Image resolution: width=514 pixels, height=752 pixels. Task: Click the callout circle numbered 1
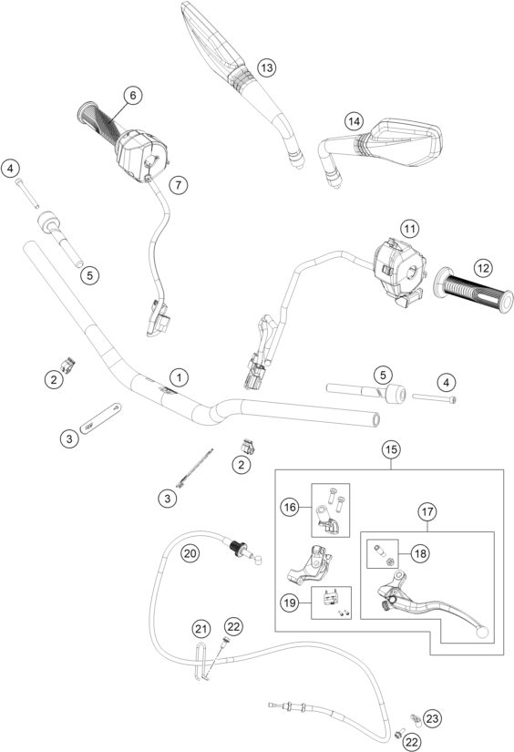click(180, 376)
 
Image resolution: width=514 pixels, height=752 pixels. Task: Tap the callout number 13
click(265, 68)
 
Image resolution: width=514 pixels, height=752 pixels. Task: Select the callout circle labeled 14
click(354, 121)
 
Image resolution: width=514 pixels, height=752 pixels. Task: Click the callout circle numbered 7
click(179, 184)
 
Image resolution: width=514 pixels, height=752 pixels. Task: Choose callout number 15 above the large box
click(390, 450)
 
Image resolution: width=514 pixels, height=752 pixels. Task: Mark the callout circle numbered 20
click(190, 552)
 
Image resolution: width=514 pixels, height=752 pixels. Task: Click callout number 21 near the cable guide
click(200, 628)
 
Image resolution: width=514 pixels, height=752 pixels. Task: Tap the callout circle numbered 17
click(426, 512)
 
